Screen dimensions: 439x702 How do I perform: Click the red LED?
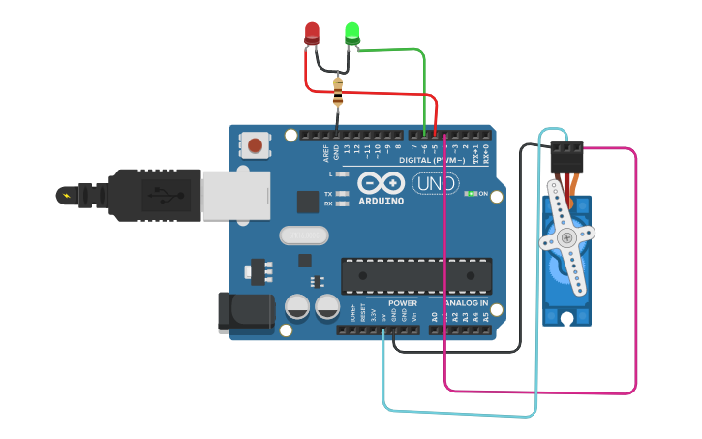(312, 32)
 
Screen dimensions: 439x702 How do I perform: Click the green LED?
(352, 32)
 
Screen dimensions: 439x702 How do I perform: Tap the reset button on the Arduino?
(255, 146)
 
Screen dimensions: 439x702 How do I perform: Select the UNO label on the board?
(436, 184)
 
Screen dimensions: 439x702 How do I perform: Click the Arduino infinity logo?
(380, 182)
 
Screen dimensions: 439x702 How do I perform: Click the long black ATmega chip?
(415, 276)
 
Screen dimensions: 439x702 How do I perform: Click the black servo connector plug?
(567, 156)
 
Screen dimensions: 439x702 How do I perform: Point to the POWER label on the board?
(403, 303)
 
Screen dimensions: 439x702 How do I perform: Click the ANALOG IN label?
(465, 303)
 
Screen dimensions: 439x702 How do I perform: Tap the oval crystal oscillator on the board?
(303, 235)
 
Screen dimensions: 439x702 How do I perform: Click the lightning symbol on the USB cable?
(66, 196)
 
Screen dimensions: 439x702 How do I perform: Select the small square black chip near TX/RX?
(308, 202)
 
